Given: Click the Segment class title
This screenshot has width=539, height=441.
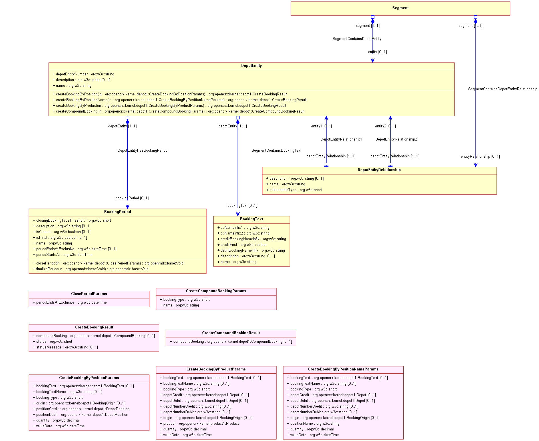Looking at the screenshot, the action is tap(400, 8).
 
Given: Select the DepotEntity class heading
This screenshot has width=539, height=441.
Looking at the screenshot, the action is tap(252, 66).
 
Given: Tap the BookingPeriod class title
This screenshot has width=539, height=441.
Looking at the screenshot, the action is tap(118, 212).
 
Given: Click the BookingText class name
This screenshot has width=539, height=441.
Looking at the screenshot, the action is tap(252, 219).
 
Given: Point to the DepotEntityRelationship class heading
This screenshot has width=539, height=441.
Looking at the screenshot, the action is tap(379, 170).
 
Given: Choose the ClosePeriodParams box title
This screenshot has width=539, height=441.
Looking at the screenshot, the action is tap(89, 294).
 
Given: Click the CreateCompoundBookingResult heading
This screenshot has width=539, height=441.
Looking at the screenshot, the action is tap(231, 333).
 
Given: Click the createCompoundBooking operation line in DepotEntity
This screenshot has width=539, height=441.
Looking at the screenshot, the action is tap(178, 111).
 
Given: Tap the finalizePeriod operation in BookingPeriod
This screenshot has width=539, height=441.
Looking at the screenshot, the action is tap(90, 269).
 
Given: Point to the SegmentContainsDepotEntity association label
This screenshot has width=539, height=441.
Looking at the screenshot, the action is tap(357, 39).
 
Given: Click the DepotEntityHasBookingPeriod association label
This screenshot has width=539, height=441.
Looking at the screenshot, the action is tap(142, 151).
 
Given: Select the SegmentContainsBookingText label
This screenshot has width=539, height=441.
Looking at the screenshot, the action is tap(276, 151).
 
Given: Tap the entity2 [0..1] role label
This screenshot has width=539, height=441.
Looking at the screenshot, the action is tap(385, 126).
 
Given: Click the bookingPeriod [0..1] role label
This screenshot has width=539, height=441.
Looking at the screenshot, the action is tap(132, 198).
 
